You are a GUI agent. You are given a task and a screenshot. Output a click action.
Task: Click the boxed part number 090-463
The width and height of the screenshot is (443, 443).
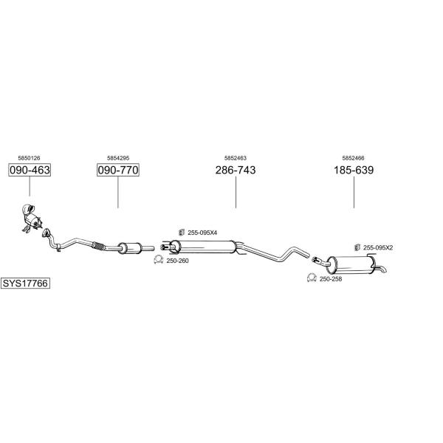[30, 170]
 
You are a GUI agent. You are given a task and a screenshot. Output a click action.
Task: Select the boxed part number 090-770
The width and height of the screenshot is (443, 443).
[118, 170]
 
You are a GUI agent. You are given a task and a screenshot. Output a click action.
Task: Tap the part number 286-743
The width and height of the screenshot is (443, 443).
[236, 170]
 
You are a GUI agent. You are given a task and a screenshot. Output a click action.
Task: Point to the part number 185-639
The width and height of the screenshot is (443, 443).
[354, 170]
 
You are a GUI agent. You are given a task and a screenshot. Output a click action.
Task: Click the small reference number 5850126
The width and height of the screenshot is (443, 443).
[29, 158]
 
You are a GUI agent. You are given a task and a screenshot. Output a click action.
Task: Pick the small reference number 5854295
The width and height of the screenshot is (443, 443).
[118, 158]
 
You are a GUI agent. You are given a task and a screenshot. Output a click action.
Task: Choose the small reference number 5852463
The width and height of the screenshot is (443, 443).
[236, 158]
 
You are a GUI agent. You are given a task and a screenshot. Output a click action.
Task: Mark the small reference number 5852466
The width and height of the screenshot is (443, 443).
[353, 158]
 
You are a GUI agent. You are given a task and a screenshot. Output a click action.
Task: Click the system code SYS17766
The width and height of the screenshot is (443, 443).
[25, 283]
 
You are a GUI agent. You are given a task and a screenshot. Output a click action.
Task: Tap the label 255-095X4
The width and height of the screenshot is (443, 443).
[202, 233]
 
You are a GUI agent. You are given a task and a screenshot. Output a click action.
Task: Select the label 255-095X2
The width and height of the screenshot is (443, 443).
[378, 248]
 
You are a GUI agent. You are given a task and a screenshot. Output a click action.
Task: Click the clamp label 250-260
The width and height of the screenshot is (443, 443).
[177, 261]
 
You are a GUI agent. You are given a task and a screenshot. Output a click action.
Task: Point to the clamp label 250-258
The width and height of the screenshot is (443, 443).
[331, 279]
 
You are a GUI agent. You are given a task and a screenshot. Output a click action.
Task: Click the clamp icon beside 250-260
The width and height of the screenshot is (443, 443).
[159, 260]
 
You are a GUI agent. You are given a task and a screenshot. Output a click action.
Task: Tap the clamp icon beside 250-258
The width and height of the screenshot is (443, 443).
[312, 278]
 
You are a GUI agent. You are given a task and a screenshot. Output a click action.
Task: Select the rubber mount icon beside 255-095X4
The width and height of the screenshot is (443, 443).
[182, 233]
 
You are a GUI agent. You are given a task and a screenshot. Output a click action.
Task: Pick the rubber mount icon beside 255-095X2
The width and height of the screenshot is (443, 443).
[357, 247]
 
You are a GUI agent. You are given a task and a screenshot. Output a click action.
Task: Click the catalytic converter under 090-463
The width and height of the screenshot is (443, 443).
[31, 218]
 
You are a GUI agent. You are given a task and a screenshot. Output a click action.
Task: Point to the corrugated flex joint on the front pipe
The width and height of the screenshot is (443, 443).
[99, 246]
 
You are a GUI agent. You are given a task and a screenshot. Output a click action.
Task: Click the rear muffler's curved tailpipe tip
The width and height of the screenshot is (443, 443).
[381, 269]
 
